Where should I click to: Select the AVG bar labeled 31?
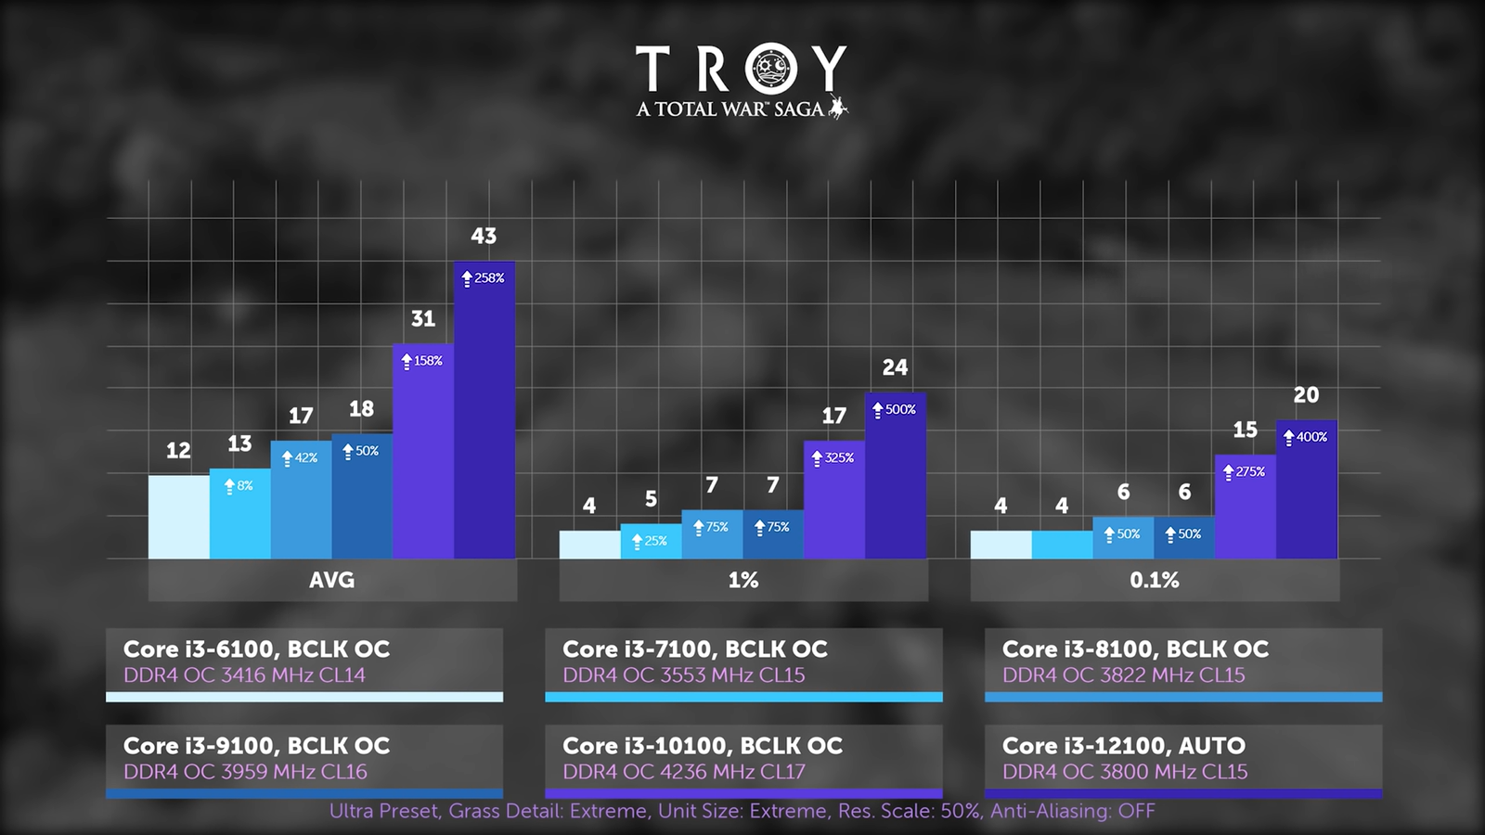[423, 455]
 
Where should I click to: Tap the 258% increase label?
[484, 278]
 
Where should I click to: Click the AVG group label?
[332, 581]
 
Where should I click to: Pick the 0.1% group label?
[1155, 581]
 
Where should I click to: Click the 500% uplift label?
[895, 409]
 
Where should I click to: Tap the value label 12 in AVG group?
[178, 451]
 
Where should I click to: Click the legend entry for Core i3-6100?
[304, 662]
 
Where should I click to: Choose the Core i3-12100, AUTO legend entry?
[1183, 758]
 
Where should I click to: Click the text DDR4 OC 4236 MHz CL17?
[684, 772]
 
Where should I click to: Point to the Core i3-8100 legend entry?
[1183, 662]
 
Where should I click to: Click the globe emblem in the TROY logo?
[771, 70]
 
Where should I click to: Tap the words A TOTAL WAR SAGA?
[730, 109]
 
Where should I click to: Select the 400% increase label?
[1306, 437]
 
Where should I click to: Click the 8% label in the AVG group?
[239, 485]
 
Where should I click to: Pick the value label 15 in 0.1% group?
[1245, 430]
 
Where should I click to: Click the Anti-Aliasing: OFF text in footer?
[1072, 812]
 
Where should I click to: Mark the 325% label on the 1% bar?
[833, 458]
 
